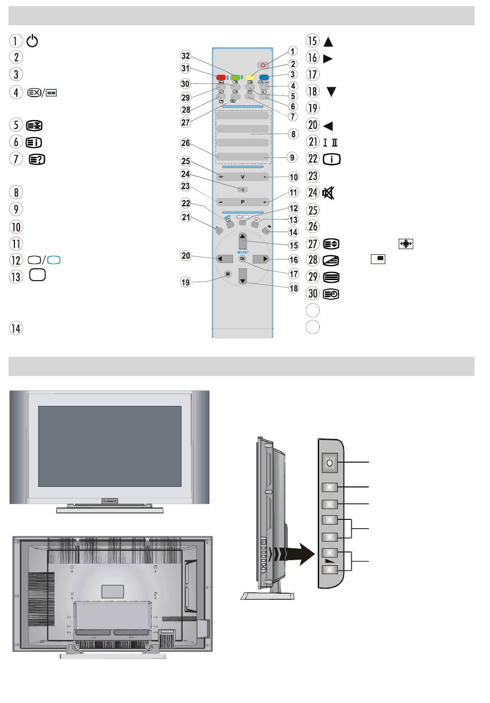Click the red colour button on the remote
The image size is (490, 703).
pyautogui.click(x=221, y=77)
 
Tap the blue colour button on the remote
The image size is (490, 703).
pyautogui.click(x=265, y=77)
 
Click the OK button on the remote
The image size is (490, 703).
pyautogui.click(x=242, y=259)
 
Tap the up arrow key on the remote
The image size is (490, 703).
pyautogui.click(x=242, y=239)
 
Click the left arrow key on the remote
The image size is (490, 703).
pyautogui.click(x=222, y=259)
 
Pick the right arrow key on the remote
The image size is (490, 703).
pyautogui.click(x=264, y=259)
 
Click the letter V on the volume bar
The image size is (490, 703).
pyautogui.click(x=242, y=176)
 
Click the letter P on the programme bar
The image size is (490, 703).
pyautogui.click(x=242, y=202)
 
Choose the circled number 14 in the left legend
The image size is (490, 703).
pyautogui.click(x=17, y=329)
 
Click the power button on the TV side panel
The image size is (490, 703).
pyautogui.click(x=330, y=463)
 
